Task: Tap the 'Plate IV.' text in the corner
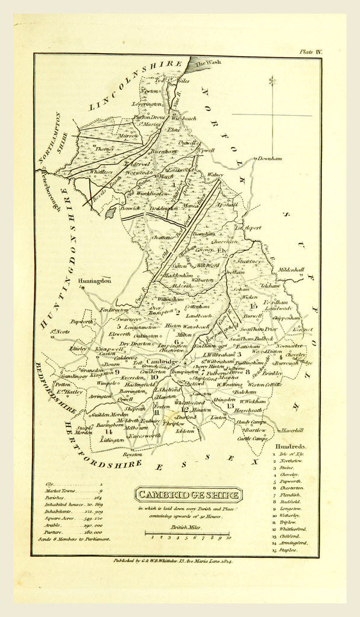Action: (311, 52)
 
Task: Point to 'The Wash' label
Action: (207, 63)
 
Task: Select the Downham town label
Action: (270, 158)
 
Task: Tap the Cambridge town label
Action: (160, 362)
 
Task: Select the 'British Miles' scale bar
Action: (187, 532)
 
